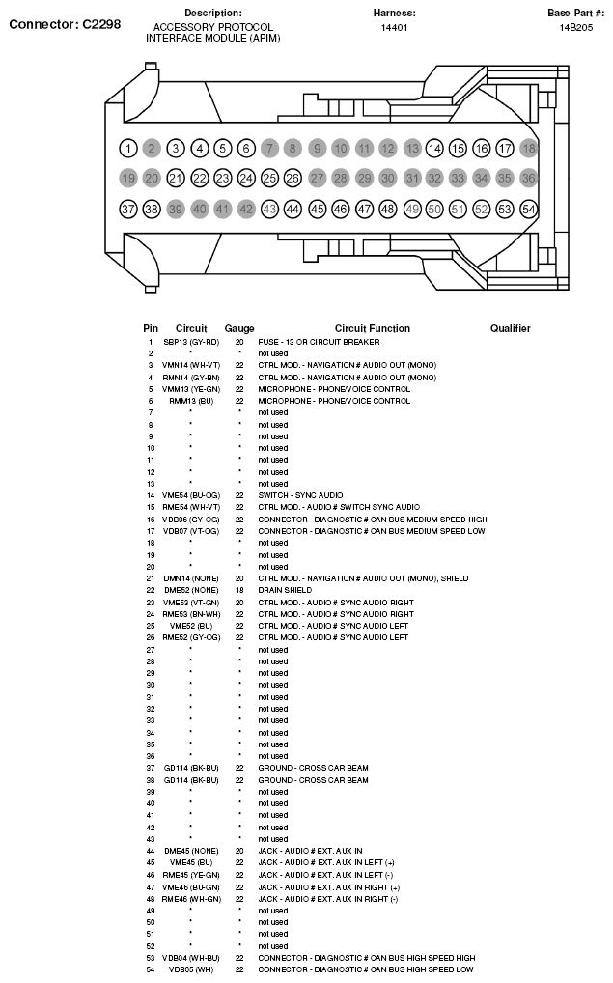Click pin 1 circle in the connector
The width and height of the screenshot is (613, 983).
(128, 149)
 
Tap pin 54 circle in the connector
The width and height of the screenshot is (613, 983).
(528, 209)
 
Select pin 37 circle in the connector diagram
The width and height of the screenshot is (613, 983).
(128, 209)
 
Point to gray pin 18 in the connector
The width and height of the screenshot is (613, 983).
(528, 149)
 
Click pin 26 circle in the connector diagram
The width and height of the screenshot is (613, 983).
(293, 179)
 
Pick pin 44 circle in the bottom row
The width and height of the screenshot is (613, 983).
(293, 209)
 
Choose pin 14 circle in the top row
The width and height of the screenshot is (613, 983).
(434, 149)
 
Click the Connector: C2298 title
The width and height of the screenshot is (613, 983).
(65, 24)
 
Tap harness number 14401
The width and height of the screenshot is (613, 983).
(394, 28)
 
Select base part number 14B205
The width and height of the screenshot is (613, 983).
(575, 28)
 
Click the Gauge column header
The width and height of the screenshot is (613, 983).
(239, 329)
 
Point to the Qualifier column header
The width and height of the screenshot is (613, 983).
(510, 329)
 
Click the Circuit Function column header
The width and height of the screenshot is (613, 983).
(372, 329)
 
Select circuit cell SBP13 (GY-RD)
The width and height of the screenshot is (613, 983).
(191, 342)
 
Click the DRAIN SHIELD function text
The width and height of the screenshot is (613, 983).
(285, 590)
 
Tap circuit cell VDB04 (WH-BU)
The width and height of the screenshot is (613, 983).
(191, 958)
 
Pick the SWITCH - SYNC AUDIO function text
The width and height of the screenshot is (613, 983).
(300, 495)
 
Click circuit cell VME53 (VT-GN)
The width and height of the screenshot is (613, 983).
(191, 603)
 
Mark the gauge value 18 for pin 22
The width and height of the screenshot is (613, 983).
(239, 590)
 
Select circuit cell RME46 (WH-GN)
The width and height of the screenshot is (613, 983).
(191, 899)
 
